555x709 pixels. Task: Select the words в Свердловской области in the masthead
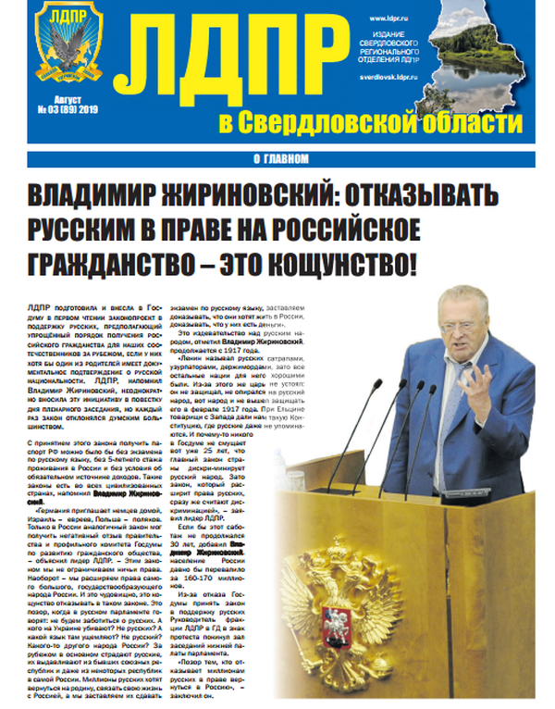click(369, 122)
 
